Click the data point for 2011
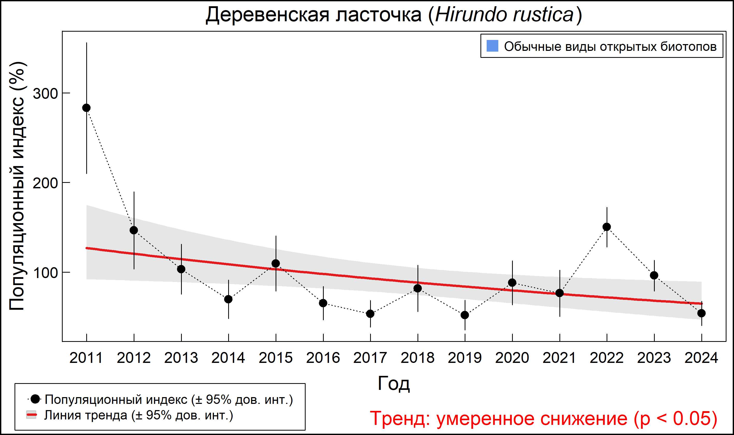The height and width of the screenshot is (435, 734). pos(86,108)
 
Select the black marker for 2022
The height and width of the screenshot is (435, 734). pos(607,227)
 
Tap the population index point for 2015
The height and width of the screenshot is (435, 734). pos(276,264)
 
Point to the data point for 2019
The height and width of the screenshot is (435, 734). pos(465,315)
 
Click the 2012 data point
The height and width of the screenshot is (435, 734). pos(134,230)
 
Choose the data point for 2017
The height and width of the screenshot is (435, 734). pos(370,314)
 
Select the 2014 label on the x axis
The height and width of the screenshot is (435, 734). pos(228,358)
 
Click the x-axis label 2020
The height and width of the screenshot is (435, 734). pos(512,358)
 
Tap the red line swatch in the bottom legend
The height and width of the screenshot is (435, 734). pos(32,415)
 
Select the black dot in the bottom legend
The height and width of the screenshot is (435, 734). pos(35,399)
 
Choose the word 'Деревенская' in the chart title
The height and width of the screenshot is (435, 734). pos(268,15)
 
